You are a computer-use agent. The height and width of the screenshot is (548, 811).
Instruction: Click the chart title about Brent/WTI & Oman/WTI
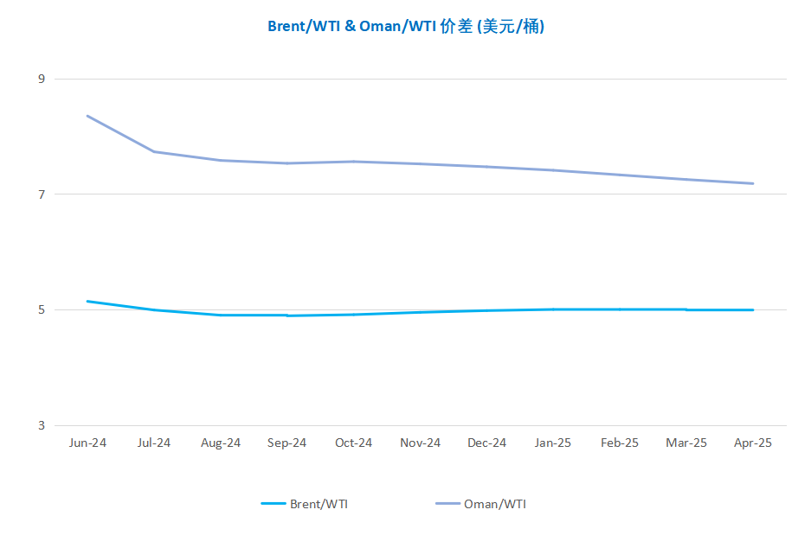click(406, 26)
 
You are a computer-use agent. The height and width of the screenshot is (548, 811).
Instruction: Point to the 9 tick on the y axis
click(42, 79)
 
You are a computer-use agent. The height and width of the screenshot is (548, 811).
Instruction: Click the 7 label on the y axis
click(42, 194)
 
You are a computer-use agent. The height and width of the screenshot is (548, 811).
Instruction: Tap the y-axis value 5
click(42, 310)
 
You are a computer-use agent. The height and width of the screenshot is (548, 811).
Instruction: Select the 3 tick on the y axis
click(42, 425)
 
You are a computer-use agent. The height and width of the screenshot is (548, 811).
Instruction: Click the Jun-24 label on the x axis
click(87, 443)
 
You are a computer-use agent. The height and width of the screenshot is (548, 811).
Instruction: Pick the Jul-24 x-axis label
click(153, 443)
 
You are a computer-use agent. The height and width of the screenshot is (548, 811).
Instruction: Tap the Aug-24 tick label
click(221, 443)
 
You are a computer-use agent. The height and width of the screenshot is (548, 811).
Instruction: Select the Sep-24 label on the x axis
click(286, 443)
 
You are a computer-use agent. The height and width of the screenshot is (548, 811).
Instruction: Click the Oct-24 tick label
click(353, 443)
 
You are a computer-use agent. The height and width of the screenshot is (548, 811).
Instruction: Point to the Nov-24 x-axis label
click(420, 443)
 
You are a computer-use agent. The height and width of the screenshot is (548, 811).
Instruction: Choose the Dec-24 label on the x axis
click(486, 443)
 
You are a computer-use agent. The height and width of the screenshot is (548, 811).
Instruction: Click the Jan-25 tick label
click(553, 443)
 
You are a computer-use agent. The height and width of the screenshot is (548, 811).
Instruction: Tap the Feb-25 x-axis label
click(620, 443)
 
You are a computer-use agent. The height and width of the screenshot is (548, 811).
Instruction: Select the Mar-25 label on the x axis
click(686, 443)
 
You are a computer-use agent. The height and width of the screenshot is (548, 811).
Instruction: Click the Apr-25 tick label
click(752, 443)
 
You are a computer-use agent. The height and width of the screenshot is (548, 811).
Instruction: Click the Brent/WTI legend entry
click(304, 504)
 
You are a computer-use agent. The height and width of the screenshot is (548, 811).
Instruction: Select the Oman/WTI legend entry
click(480, 504)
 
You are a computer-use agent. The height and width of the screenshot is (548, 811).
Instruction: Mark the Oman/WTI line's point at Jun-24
click(87, 116)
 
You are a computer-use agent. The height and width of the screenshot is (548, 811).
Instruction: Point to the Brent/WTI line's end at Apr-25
click(752, 310)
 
